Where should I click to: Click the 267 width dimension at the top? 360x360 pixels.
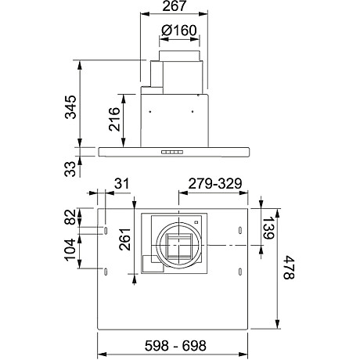[x=175, y=9]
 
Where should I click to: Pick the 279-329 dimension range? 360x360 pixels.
[x=213, y=183]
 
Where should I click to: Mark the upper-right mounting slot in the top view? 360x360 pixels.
[x=239, y=230]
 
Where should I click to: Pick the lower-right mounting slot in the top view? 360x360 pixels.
[x=239, y=271]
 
